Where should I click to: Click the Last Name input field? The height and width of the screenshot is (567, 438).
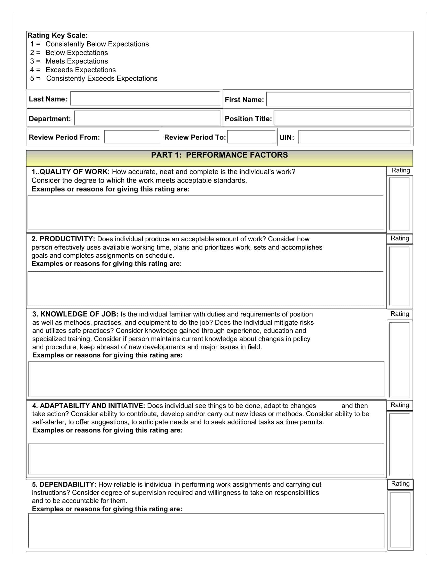point(145,98)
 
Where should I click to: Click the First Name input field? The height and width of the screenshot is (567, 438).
point(338,99)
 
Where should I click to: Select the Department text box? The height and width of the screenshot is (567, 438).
point(147,118)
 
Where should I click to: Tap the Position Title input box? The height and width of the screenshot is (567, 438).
point(342,118)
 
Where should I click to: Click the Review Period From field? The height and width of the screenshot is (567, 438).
point(132,137)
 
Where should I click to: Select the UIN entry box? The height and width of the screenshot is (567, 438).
point(354,137)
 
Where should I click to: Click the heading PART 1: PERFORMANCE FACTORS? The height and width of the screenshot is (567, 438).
point(219,155)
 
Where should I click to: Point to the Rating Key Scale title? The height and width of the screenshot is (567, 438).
point(58,36)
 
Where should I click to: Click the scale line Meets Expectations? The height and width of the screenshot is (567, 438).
point(77,61)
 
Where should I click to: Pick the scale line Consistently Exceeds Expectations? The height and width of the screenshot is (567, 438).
point(102,78)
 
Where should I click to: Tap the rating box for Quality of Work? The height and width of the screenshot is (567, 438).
point(399,204)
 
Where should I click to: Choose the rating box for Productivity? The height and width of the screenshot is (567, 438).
point(399,276)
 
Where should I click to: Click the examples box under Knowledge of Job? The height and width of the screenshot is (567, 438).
point(206,379)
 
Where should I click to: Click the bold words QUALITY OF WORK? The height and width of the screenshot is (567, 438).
point(74,172)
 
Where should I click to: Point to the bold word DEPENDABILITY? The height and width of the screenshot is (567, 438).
point(68,485)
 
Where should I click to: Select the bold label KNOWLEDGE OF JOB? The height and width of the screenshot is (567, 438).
point(79,314)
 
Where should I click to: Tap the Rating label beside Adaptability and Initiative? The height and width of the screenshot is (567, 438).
point(400,405)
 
